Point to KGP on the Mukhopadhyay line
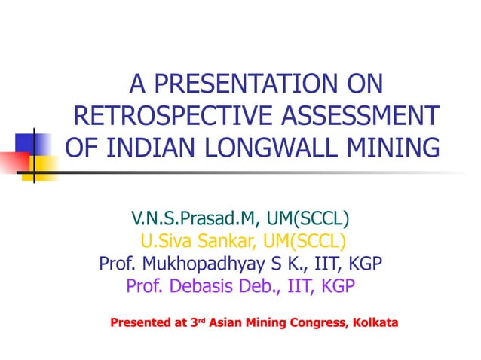pos(365,264)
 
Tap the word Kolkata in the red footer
pos(373,323)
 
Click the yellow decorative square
pos(45,167)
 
